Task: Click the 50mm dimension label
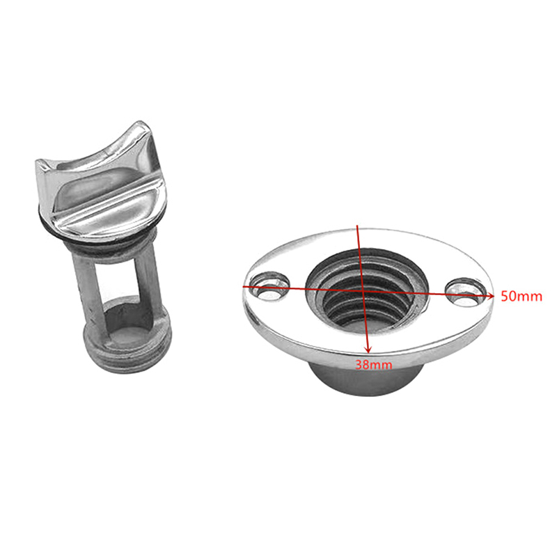click(x=521, y=296)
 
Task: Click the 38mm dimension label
click(x=374, y=364)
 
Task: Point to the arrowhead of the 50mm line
click(x=491, y=295)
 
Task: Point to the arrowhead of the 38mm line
click(x=368, y=350)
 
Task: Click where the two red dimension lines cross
click(x=361, y=290)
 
